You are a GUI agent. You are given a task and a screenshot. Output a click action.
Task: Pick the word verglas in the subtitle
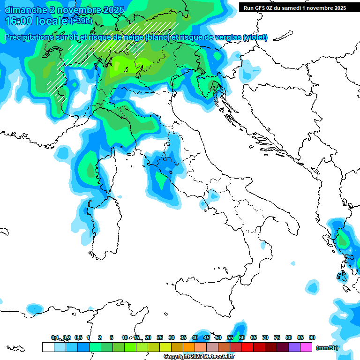click(x=228, y=37)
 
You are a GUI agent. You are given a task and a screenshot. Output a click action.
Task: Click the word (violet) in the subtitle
click(x=255, y=37)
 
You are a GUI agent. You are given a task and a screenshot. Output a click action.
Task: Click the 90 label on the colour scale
click(x=312, y=337)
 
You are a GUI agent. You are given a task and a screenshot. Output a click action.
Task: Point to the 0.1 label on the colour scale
click(x=55, y=337)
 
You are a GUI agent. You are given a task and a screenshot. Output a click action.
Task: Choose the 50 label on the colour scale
click(x=218, y=337)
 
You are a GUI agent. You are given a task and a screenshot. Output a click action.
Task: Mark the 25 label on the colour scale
click(x=160, y=337)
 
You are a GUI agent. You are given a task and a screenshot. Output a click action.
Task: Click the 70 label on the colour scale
click(x=265, y=337)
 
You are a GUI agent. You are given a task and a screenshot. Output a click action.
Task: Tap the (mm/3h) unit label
click(x=327, y=348)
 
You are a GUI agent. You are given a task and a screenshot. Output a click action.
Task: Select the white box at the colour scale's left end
click(x=48, y=347)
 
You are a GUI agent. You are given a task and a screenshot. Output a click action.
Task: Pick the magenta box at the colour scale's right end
click(x=306, y=347)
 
